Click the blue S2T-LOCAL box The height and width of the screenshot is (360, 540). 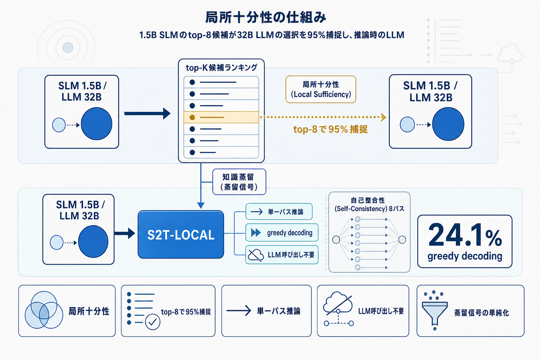coord(181,234)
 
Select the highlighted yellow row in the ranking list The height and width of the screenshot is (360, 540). coord(221,117)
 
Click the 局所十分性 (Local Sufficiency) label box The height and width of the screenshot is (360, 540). coord(321,89)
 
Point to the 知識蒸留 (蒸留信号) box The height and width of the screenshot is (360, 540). coord(239,182)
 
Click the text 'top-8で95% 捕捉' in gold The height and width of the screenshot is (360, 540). coord(330,129)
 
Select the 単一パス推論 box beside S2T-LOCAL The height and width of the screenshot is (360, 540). coord(279,212)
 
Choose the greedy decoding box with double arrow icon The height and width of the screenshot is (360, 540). coord(282,233)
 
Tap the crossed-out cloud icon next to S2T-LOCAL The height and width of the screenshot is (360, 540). coord(256,255)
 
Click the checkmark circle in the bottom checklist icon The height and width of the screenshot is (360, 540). coord(153,322)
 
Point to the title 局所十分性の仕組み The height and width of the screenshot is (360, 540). coord(266,17)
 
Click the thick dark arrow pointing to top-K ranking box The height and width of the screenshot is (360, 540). coord(147,114)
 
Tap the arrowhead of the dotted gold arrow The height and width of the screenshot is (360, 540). coord(384,117)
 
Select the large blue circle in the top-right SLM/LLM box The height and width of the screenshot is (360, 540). coord(448,124)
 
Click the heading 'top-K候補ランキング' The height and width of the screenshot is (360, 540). coord(221,67)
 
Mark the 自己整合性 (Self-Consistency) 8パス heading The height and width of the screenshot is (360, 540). coord(369,204)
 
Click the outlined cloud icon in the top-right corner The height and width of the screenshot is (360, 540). coord(510,53)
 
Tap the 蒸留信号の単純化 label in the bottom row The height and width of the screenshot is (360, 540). coord(481,313)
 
